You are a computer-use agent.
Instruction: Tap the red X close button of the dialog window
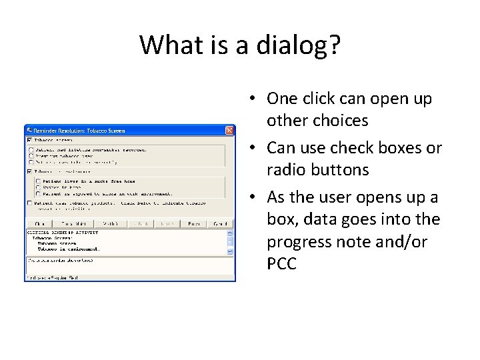coord(230,131)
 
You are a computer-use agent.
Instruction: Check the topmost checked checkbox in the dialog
coord(29,141)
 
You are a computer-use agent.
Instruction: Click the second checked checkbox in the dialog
coord(29,171)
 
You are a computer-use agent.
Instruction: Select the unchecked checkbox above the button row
coord(29,203)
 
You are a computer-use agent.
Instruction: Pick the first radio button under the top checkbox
coord(31,150)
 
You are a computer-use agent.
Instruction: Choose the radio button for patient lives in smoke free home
coord(38,181)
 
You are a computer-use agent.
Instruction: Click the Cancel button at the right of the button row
coord(219,223)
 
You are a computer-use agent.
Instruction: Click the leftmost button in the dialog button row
coord(39,223)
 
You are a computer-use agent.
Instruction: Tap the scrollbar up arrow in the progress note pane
coord(231,233)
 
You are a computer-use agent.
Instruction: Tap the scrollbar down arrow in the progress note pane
coord(231,251)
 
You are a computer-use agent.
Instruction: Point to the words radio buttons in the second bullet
coord(317,170)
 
